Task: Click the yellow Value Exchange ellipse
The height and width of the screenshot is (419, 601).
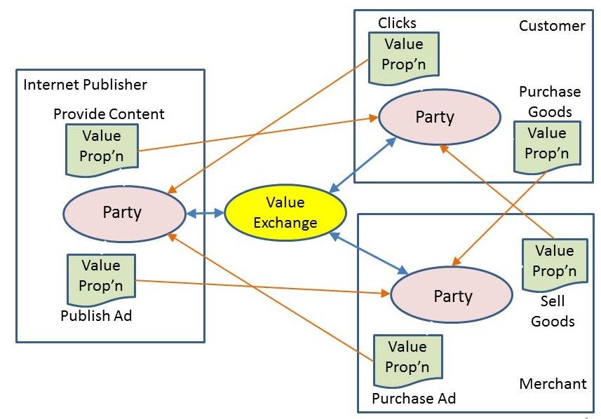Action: (285, 212)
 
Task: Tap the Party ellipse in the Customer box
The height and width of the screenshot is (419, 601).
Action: (439, 116)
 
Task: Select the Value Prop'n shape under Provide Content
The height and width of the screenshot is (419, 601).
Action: (102, 146)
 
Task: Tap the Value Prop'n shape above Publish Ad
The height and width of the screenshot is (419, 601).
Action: (101, 275)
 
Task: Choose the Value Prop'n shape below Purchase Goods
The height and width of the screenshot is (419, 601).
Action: (546, 143)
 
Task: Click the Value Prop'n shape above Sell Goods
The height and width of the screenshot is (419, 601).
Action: (553, 261)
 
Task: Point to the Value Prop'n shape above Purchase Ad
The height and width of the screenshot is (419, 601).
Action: (407, 357)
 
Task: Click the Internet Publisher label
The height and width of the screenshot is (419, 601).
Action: (85, 85)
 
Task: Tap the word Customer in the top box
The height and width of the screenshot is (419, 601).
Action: (551, 26)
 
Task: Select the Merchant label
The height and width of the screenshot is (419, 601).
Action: (553, 384)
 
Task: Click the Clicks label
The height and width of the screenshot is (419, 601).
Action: (397, 23)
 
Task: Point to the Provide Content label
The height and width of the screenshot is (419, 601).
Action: (109, 114)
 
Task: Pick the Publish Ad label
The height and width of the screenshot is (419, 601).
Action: (96, 315)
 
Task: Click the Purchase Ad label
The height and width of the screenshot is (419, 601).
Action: (414, 399)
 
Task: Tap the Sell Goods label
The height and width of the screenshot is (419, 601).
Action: (553, 312)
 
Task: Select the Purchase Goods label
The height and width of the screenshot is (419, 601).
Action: (550, 102)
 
